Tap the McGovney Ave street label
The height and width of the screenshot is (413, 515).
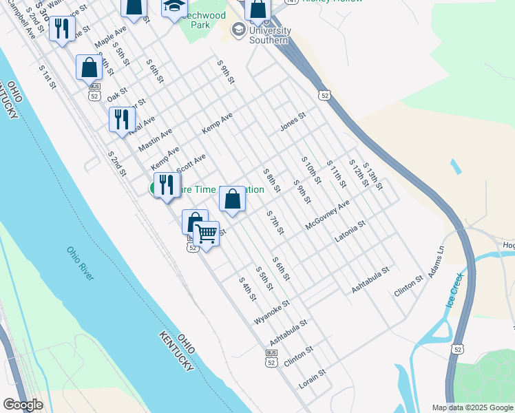point(328,215)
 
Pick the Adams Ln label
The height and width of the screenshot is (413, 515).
point(436,262)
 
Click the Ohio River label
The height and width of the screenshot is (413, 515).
point(81,264)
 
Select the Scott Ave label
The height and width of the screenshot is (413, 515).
point(191,164)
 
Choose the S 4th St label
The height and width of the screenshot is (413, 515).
point(247,288)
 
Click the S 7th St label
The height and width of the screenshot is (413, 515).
point(275,222)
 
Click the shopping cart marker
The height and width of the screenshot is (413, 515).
point(206,234)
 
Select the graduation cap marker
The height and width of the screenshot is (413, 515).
point(175,6)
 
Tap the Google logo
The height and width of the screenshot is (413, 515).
point(23,405)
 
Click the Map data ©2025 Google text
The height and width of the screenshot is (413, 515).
point(472,407)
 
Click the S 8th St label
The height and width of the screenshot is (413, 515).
point(272,180)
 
